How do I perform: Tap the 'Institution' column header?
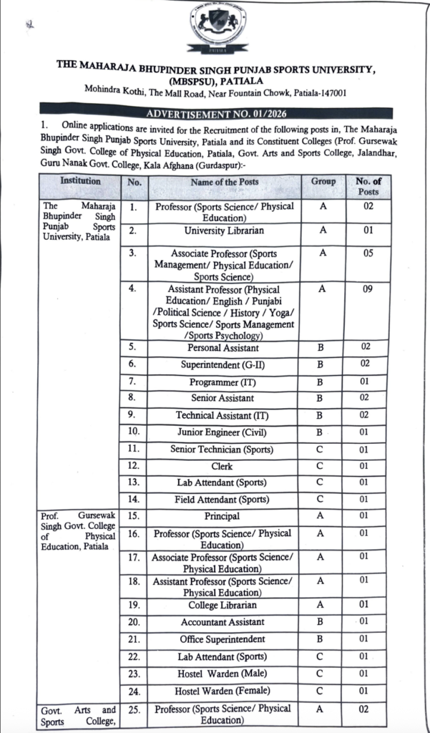click(79, 182)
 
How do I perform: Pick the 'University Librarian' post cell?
click(224, 231)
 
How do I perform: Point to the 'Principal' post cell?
click(222, 516)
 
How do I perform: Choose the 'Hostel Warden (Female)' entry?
click(223, 691)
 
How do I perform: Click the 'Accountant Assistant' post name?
click(223, 622)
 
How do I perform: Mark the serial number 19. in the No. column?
click(133, 606)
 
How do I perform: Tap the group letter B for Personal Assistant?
click(323, 347)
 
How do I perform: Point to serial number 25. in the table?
click(133, 709)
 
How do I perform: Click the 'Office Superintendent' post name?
click(223, 639)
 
